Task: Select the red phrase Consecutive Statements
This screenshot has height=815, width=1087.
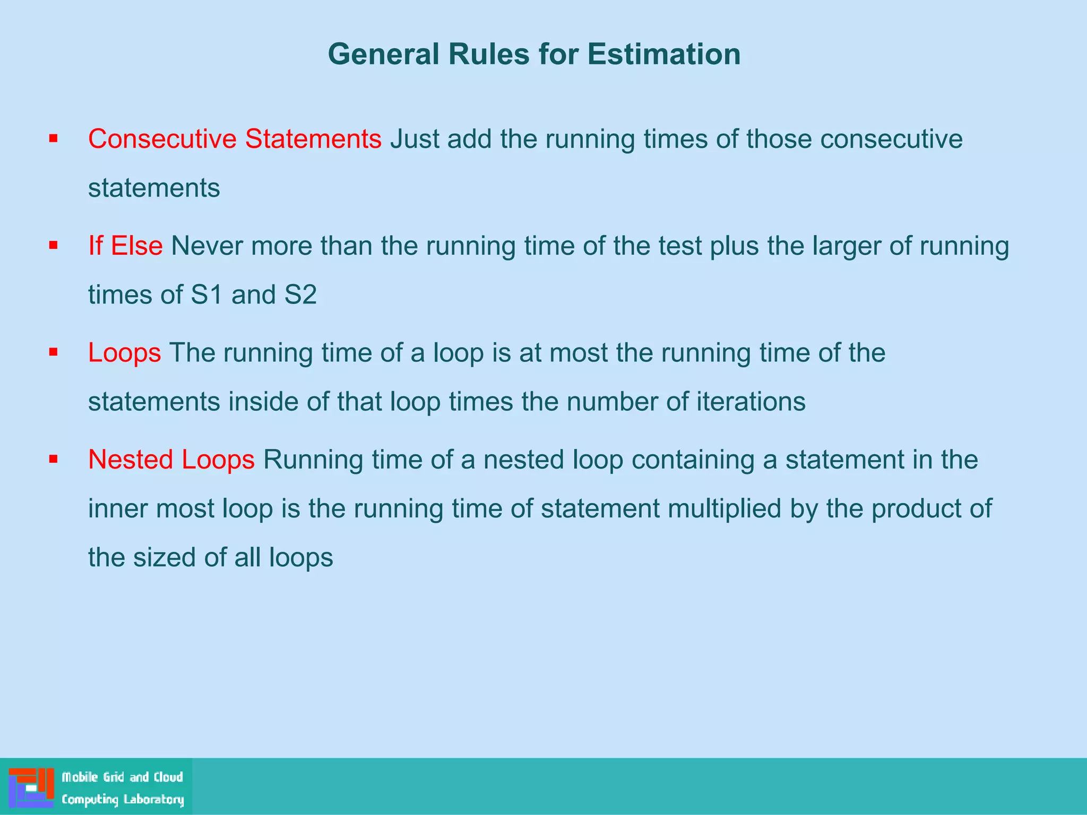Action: (235, 139)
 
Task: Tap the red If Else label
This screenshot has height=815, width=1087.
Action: (125, 246)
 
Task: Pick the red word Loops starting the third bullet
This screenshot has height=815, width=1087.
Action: (124, 353)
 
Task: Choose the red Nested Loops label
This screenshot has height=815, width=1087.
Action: (171, 459)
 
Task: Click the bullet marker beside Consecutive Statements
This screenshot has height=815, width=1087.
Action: (53, 139)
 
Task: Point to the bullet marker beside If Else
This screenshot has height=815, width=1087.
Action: (53, 246)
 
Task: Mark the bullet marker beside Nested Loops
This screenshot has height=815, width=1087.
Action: (53, 459)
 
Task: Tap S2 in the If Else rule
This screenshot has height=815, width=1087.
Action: (300, 295)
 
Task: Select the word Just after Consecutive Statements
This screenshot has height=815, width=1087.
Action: (415, 139)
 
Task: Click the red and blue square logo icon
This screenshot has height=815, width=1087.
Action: (31, 787)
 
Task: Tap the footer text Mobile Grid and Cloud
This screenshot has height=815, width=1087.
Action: (123, 777)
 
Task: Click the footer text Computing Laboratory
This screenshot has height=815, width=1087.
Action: (123, 799)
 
